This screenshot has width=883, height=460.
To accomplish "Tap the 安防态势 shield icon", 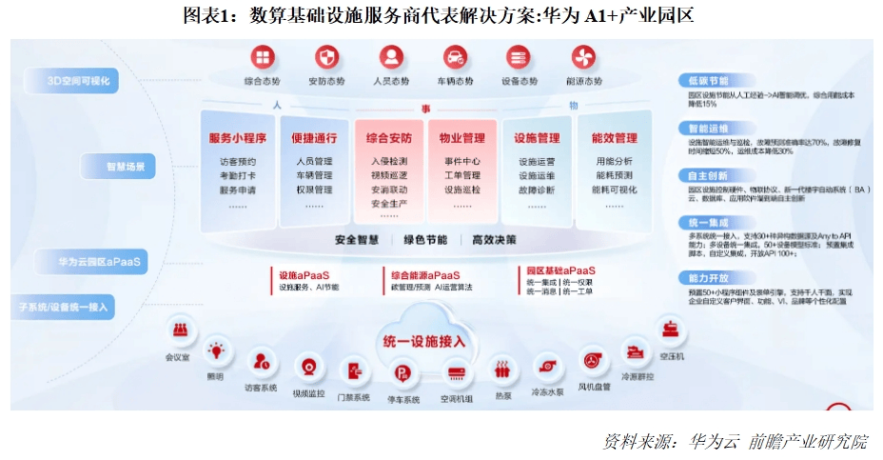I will click(x=325, y=57).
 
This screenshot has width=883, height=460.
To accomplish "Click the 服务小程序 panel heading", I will click(x=237, y=137).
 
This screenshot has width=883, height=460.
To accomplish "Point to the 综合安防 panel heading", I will click(x=388, y=137).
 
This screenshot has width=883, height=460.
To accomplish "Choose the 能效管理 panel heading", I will click(x=614, y=137).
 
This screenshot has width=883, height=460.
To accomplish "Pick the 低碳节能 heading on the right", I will click(x=709, y=81).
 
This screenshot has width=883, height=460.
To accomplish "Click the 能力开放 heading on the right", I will click(x=709, y=276).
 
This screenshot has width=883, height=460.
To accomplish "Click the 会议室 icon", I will click(x=178, y=330).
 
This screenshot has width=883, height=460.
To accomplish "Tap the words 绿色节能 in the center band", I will click(x=424, y=239).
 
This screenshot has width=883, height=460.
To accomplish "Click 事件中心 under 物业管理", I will click(x=462, y=161).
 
